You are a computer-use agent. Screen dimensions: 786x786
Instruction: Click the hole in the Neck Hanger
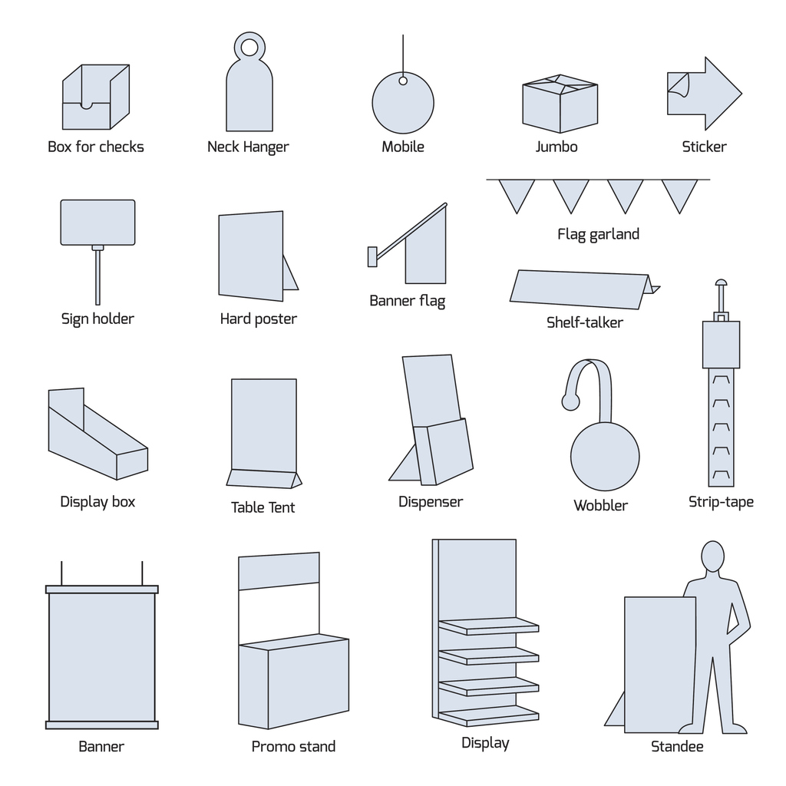249,48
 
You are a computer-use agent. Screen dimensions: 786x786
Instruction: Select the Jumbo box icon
560,105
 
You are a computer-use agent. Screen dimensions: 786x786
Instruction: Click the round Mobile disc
403,104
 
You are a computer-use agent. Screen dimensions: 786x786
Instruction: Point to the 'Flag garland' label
598,234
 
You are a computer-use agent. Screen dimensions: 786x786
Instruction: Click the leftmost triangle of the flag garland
516,193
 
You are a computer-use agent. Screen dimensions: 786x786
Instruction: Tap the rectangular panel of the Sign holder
97,223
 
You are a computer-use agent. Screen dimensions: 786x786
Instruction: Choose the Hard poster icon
252,256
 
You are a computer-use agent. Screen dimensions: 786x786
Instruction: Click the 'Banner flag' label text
407,300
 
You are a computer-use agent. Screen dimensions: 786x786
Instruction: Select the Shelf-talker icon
580,289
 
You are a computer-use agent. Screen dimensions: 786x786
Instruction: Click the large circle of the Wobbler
605,456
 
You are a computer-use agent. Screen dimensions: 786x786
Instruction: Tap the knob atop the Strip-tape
721,284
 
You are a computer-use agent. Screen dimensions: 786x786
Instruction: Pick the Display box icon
95,438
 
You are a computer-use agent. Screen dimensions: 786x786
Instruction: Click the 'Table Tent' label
263,507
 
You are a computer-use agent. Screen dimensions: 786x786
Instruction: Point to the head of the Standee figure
713,556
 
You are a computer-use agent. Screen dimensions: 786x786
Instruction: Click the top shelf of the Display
489,626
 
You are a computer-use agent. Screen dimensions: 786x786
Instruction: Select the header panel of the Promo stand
279,571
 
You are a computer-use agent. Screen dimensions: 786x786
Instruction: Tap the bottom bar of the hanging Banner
102,725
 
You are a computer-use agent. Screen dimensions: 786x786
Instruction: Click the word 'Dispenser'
431,502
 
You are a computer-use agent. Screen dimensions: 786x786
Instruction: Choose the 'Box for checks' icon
96,97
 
